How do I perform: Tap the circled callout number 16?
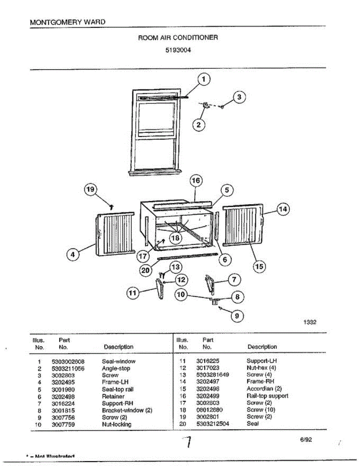[x=196, y=181]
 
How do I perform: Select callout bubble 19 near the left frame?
[x=90, y=190]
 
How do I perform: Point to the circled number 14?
[x=283, y=209]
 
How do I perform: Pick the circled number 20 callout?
[x=146, y=271]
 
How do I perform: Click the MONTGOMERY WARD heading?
[x=67, y=22]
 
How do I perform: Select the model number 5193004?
[x=178, y=50]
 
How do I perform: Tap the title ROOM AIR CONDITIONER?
[x=178, y=38]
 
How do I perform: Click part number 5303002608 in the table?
[x=68, y=361]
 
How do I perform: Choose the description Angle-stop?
[x=116, y=368]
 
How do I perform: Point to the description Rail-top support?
[x=267, y=396]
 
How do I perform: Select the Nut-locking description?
[x=117, y=424]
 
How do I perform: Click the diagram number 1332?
[x=310, y=322]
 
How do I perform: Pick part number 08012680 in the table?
[x=210, y=410]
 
